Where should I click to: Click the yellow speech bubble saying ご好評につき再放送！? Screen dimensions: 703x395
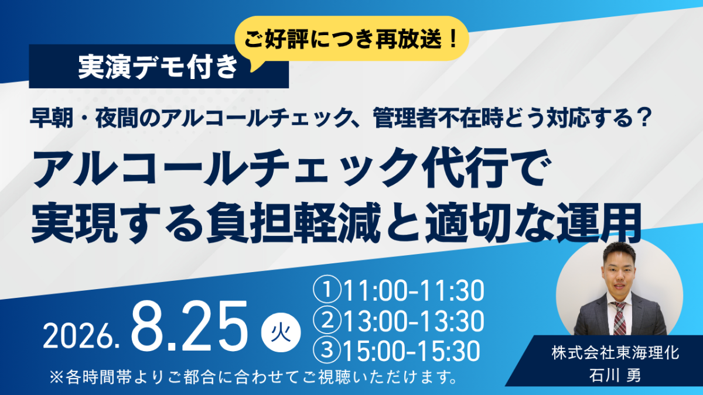pos(351,39)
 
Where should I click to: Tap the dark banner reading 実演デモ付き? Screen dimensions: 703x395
pos(159,67)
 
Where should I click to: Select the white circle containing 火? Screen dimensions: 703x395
pos(281,332)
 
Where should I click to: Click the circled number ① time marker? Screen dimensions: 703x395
pos(327,291)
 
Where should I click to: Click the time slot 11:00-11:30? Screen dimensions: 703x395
pos(414,291)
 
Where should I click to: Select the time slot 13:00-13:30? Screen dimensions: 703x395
pos(414,321)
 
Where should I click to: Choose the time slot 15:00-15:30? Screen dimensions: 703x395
pos(412,351)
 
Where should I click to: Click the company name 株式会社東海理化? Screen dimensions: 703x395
pos(616,353)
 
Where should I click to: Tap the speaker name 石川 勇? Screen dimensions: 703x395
pos(616,375)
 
